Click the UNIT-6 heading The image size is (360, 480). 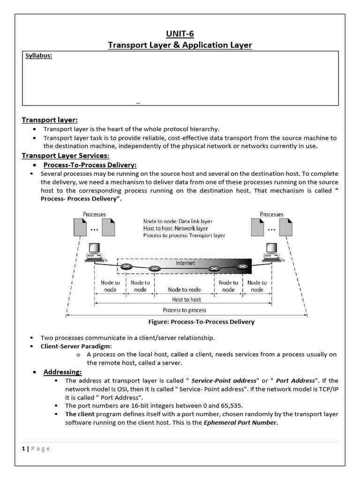coord(180,33)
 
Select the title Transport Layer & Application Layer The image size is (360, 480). coord(180,45)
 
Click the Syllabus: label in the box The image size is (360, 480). coord(38,56)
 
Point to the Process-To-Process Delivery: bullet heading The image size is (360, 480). coord(90,165)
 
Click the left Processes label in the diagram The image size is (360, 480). coord(94,214)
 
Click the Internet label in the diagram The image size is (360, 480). coord(185,263)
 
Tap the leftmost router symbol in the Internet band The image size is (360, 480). coord(126,267)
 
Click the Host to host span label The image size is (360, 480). coord(186,300)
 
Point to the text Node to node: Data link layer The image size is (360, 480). coord(178,221)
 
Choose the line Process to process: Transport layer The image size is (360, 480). coord(184,235)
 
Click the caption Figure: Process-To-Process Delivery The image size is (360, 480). coord(201,322)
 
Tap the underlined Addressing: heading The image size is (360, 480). coord(62,372)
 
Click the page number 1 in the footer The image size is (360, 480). coord(23,449)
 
